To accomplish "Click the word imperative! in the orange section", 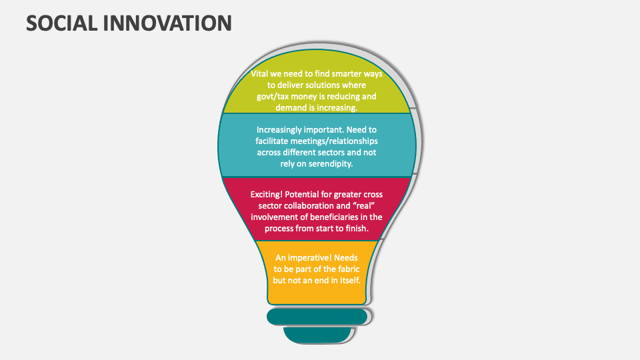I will [309, 257].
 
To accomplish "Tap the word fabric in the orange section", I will [345, 269].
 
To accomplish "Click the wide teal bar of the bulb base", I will [317, 316].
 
